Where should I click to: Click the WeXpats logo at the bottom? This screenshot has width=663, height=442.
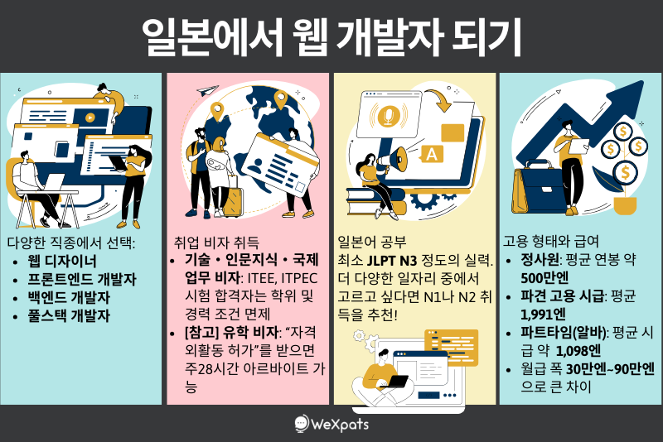(331, 424)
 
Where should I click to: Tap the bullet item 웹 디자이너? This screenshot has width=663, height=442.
(62, 261)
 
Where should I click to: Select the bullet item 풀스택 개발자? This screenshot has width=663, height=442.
(69, 315)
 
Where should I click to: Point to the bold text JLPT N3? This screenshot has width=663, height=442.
(392, 261)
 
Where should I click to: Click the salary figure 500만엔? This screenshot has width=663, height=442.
(544, 278)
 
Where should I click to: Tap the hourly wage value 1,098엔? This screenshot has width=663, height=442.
(578, 351)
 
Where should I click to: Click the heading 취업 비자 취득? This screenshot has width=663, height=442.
(216, 243)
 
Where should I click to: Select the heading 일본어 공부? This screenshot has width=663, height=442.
(372, 242)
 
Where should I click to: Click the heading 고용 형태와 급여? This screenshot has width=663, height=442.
(551, 241)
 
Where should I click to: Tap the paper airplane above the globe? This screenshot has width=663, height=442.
(207, 90)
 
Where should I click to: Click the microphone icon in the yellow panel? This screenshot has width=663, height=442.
(388, 115)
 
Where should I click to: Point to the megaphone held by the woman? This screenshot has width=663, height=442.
(392, 160)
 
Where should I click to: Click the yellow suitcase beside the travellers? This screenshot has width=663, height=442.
(233, 201)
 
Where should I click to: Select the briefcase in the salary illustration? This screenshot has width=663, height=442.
(540, 189)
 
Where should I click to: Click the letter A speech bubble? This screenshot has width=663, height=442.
(431, 154)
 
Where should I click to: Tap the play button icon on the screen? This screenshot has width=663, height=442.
(90, 118)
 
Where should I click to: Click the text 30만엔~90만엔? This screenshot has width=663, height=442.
(610, 369)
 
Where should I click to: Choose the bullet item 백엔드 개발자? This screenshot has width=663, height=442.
(69, 297)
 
